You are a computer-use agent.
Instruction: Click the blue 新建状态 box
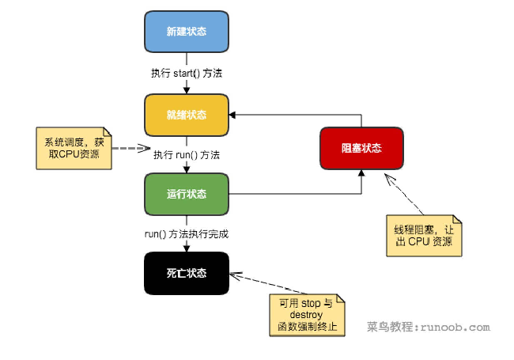coord(187,32)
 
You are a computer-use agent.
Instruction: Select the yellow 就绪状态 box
coord(187,115)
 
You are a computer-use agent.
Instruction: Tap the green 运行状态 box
coord(187,195)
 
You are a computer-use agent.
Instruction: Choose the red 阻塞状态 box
coord(361,148)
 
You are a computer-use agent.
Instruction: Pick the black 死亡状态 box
coord(187,273)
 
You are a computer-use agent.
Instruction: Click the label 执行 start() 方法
coord(187,74)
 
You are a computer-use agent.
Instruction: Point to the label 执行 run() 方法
coord(187,154)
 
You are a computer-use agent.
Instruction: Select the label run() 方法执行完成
coord(187,234)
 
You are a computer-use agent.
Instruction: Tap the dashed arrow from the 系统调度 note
coord(130,148)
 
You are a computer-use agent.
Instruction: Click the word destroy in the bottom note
coord(301,314)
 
